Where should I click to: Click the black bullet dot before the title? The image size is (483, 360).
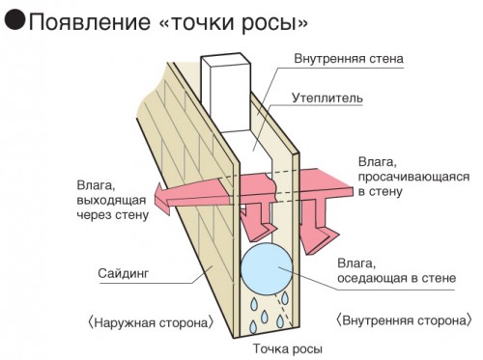tap(14, 19)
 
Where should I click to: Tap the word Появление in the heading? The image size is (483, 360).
tap(90, 23)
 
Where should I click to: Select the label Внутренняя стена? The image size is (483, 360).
tap(349, 59)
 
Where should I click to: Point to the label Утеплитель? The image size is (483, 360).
tap(327, 98)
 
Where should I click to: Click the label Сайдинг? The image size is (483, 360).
tap(124, 273)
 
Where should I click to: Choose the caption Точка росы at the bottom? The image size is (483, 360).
tap(287, 348)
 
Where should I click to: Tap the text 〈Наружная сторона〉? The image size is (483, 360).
tap(151, 322)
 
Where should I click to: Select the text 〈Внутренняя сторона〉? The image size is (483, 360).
tap(404, 320)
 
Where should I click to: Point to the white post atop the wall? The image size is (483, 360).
tap(226, 94)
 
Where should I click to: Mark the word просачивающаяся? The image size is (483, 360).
tap(413, 178)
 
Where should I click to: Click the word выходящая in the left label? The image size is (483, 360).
tap(111, 201)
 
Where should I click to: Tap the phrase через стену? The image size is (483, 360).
tap(113, 215)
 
